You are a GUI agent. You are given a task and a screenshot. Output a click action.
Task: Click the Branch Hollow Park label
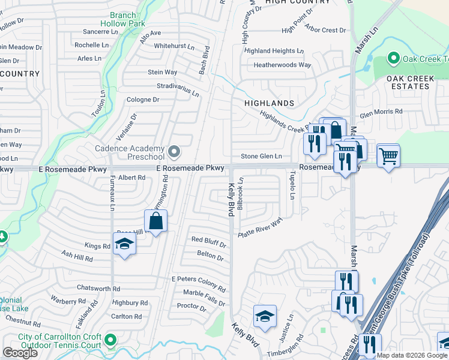click(128, 19)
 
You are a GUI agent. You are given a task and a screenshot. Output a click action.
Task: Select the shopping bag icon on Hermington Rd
click(155, 221)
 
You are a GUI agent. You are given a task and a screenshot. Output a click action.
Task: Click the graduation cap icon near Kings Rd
click(125, 244)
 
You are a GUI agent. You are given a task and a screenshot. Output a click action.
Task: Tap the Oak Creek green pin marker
click(393, 58)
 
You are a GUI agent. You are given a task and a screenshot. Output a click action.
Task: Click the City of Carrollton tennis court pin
click(109, 340)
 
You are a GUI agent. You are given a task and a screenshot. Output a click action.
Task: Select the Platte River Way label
click(260, 227)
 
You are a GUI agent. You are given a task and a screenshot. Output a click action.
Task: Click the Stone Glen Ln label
click(261, 157)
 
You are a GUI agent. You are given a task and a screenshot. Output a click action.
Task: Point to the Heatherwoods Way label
click(282, 65)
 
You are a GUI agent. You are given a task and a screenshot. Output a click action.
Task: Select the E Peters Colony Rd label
click(198, 280)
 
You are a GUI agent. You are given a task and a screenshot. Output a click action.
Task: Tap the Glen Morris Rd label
click(381, 113)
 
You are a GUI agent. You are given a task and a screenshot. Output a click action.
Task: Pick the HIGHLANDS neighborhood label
click(269, 103)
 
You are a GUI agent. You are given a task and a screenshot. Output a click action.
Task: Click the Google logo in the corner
click(20, 353)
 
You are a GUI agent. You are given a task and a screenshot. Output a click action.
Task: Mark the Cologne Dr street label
click(142, 100)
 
